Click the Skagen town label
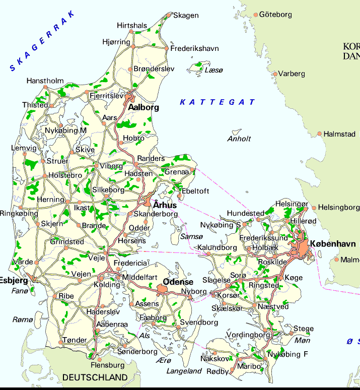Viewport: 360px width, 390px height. click(x=186, y=16)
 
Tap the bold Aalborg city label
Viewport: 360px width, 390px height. click(x=143, y=107)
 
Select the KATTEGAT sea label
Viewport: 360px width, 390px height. click(x=218, y=102)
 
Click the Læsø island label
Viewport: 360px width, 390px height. click(x=213, y=71)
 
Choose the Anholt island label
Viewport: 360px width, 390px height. click(x=239, y=139)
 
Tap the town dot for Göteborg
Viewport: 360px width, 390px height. click(x=256, y=15)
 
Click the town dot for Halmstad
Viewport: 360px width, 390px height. click(x=319, y=134)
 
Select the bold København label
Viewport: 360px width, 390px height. click(x=333, y=244)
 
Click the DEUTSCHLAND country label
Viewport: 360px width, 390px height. click(x=95, y=377)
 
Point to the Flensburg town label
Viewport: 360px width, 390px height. click(x=107, y=365)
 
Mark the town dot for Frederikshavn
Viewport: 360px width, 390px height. click(x=167, y=49)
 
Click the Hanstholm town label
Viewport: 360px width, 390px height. click(x=45, y=81)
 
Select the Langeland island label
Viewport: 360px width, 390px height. click(x=184, y=371)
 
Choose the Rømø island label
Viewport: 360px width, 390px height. click(x=23, y=319)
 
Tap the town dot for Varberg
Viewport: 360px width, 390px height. click(x=275, y=74)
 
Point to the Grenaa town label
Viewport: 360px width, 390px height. click(x=176, y=172)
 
